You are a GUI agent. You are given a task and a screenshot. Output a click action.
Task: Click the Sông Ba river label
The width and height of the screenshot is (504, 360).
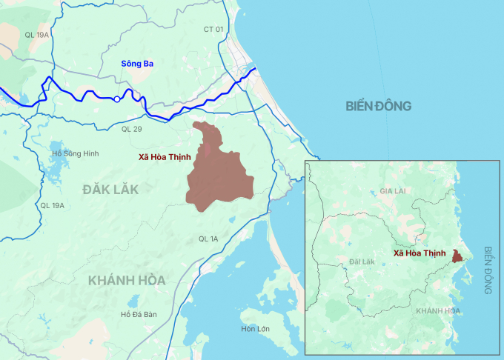[138, 64]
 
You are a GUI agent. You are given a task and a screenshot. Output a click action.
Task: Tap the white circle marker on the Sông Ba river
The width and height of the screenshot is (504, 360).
[117, 99]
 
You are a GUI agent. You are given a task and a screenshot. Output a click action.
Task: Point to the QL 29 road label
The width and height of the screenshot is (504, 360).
[131, 130]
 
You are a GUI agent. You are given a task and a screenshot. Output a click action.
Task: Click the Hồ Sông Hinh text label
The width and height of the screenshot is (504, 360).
[76, 153]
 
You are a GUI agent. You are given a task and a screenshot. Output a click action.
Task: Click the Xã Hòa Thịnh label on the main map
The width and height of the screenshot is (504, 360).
[165, 157]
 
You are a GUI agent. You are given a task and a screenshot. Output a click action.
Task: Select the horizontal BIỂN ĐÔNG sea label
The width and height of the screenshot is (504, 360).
[378, 106]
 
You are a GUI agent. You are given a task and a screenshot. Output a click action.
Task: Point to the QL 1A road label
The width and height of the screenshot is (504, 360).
[208, 239]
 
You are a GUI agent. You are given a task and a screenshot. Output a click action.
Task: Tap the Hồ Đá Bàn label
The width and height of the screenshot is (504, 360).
[139, 315]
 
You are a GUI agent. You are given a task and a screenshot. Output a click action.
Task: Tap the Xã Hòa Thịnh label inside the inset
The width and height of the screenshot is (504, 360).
[420, 253]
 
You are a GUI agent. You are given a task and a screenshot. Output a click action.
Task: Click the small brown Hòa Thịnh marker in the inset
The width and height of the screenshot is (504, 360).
[458, 256]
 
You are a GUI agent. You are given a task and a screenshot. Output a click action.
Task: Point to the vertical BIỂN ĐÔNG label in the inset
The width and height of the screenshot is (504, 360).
[488, 271]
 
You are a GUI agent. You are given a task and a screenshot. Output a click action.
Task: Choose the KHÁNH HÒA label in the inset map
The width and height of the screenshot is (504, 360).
[437, 310]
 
